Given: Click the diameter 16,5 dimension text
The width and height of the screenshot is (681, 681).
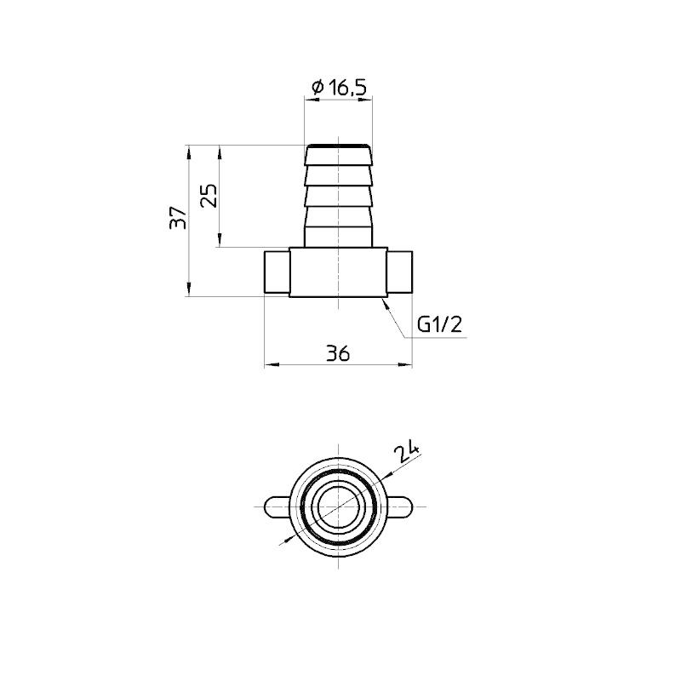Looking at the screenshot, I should pyautogui.click(x=339, y=87).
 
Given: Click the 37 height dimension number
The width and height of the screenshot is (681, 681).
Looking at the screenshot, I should pyautogui.click(x=177, y=219).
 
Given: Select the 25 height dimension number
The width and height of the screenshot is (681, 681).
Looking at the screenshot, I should pyautogui.click(x=209, y=196).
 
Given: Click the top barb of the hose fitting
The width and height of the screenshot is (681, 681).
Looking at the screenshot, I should pyautogui.click(x=339, y=156).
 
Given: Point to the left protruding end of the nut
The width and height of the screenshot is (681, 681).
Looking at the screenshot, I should pyautogui.click(x=277, y=272).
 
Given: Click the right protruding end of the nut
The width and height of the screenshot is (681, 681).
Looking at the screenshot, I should pyautogui.click(x=401, y=272).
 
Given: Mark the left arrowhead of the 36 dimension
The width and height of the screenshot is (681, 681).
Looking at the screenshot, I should pyautogui.click(x=270, y=364).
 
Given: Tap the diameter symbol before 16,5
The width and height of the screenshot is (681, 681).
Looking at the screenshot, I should pyautogui.click(x=317, y=87).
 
